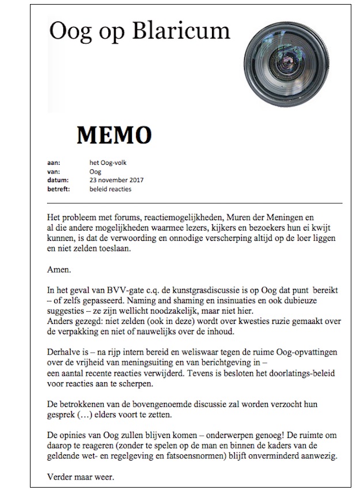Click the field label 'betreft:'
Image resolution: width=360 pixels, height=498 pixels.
58,189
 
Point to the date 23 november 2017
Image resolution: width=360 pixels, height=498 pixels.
117,180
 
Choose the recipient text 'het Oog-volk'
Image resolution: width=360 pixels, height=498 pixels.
108,163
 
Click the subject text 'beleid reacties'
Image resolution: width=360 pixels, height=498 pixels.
111,189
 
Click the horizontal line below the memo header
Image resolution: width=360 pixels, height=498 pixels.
195,203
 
